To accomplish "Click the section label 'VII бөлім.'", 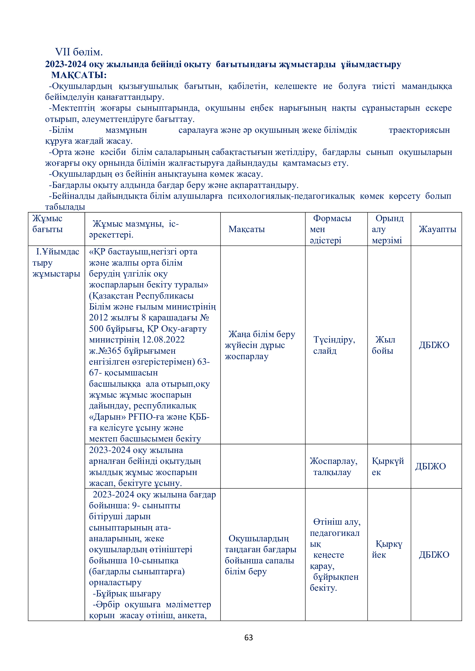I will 79,52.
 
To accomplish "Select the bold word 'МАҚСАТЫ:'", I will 79,75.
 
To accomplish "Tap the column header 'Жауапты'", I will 437,229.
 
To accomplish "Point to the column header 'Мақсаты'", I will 247,229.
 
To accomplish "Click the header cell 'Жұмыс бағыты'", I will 48,224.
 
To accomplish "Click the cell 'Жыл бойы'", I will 384,345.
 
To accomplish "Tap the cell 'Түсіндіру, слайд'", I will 334,345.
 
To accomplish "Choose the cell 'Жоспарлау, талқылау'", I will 334,466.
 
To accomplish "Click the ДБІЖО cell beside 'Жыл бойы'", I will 434,345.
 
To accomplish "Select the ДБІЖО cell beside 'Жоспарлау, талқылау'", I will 430,466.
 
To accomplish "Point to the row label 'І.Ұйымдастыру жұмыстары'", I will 56,263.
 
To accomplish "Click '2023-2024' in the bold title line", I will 66,64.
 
